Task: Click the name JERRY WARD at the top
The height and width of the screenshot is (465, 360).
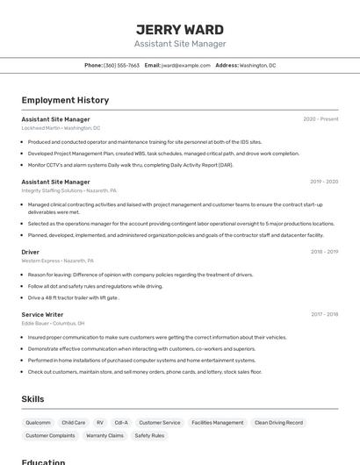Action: (179, 29)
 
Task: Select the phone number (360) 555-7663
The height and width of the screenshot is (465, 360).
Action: (121, 65)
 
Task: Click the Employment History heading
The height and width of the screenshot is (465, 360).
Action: (65, 100)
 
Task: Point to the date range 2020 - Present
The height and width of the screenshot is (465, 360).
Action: (320, 119)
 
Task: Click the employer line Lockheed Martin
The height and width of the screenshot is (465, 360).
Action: (61, 128)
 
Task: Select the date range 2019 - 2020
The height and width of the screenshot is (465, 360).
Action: (324, 182)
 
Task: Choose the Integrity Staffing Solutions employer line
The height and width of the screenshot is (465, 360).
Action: (68, 190)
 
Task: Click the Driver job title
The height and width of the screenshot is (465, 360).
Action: (31, 252)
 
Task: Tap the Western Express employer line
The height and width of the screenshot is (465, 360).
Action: (57, 261)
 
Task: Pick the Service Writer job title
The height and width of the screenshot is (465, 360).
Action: (42, 314)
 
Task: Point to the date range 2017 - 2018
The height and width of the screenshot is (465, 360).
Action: (324, 314)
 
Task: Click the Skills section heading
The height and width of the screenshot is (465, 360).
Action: (32, 399)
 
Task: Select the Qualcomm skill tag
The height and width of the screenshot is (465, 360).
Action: (38, 423)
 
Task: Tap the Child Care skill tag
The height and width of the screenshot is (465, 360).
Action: (74, 423)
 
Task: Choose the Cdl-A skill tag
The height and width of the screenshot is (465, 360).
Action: (121, 423)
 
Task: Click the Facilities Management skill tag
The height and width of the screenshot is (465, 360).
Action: (217, 423)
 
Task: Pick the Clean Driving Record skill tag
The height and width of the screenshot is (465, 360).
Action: (278, 423)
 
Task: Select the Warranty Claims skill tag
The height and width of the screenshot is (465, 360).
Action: (104, 435)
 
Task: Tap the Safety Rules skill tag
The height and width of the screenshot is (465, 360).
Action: (149, 435)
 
